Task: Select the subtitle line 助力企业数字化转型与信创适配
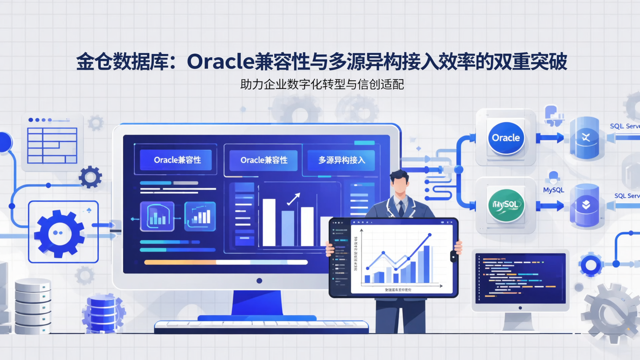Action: tap(322, 84)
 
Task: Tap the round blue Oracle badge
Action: tap(506, 138)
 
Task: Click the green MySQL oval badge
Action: tap(506, 205)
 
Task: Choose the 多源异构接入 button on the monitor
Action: tap(341, 160)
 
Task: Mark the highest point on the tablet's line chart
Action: tap(429, 235)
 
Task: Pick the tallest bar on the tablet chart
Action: tap(426, 264)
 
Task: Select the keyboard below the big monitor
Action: tap(261, 327)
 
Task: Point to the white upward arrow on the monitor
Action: tap(293, 199)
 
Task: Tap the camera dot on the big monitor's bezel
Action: tap(259, 280)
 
